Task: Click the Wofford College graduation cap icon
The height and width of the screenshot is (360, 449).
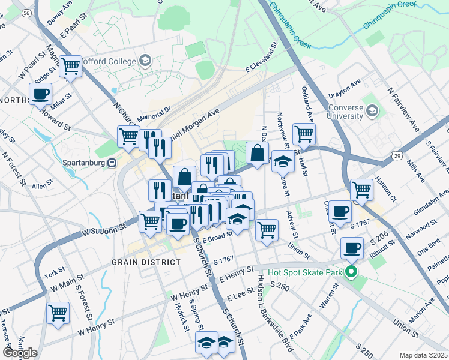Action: pyautogui.click(x=145, y=60)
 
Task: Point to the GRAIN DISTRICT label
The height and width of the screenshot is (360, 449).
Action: pyautogui.click(x=145, y=262)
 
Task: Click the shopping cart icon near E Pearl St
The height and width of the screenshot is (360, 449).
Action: pyautogui.click(x=71, y=66)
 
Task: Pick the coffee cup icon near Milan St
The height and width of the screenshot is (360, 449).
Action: pyautogui.click(x=41, y=94)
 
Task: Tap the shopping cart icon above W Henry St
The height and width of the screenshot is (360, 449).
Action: pyautogui.click(x=58, y=312)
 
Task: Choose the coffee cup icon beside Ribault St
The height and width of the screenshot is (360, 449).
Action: pyautogui.click(x=352, y=247)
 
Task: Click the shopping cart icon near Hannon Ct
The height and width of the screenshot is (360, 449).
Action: pyautogui.click(x=361, y=189)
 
